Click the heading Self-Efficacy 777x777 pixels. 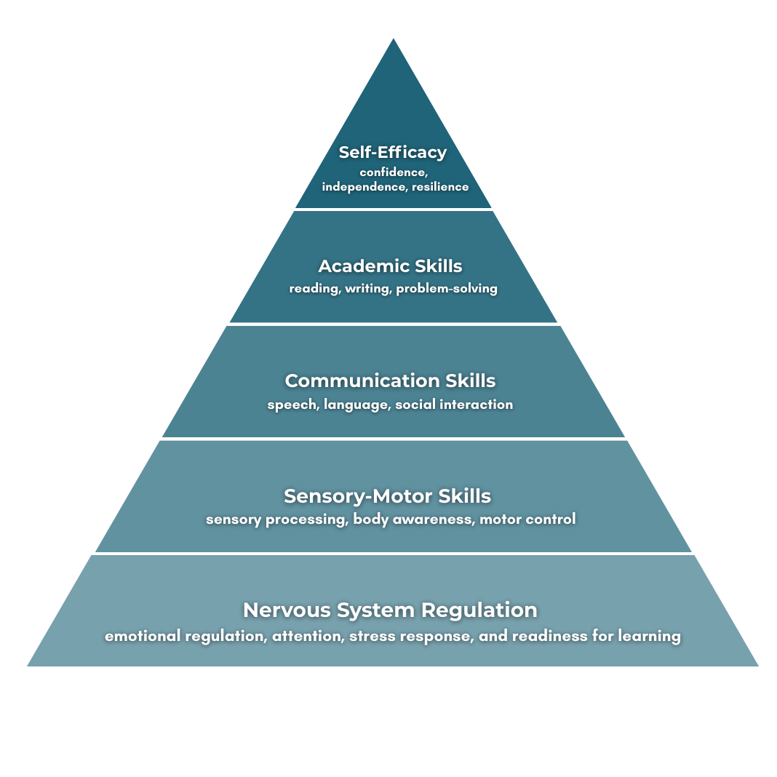(392, 153)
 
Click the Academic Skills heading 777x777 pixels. (390, 266)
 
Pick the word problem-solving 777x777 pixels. (447, 289)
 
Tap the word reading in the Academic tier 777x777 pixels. (314, 289)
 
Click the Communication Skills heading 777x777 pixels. (390, 381)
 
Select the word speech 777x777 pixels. (291, 405)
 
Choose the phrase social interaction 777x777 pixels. (454, 405)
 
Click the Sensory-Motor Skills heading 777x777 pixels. (387, 496)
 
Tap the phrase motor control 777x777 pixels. (527, 519)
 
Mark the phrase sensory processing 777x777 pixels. (276, 519)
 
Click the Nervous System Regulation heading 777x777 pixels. (390, 610)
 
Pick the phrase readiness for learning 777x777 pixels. (597, 637)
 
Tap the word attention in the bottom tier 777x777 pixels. (307, 637)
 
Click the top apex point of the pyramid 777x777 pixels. (394, 39)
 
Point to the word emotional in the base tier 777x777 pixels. (142, 637)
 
